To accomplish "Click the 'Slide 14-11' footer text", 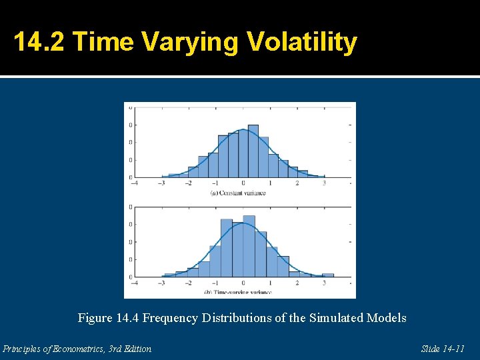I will click(x=443, y=349).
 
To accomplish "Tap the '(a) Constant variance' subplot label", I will click(x=238, y=193).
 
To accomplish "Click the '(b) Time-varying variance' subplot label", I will click(x=238, y=292).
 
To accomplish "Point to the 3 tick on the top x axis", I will click(x=325, y=183).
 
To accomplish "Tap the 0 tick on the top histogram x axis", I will click(x=243, y=183).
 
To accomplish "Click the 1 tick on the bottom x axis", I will click(x=270, y=283).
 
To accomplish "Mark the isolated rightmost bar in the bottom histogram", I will click(x=327, y=275).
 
